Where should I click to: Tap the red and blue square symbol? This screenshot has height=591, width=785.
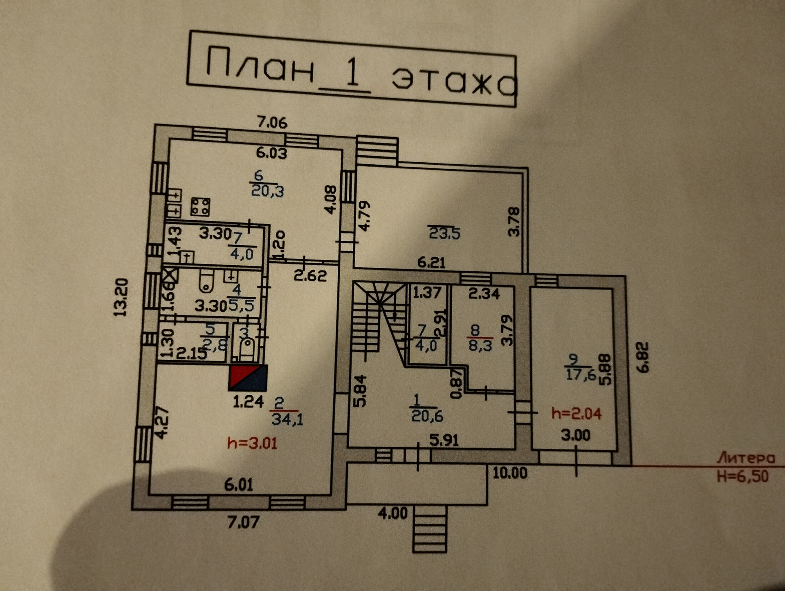coord(248,378)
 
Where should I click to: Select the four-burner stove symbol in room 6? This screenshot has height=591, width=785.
coord(200,207)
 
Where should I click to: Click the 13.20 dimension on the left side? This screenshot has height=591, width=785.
coord(121,297)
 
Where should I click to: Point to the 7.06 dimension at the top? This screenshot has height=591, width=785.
coord(272,122)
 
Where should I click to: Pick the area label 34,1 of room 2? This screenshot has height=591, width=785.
coord(287,419)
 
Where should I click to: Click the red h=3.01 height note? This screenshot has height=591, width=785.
coord(252,443)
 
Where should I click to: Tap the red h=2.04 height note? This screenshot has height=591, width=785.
coord(576,414)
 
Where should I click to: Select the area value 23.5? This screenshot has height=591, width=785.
coord(444,233)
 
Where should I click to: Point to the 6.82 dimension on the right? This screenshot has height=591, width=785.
coord(643,357)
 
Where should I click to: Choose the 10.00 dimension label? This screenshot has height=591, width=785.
coord(510,473)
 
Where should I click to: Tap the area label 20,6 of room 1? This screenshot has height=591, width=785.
coord(427,416)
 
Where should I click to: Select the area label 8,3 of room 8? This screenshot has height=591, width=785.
coord(480,346)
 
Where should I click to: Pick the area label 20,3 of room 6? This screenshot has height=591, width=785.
coord(267,190)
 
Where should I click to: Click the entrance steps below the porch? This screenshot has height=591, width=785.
coord(429,529)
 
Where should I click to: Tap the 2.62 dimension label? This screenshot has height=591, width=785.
coord(310,276)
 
